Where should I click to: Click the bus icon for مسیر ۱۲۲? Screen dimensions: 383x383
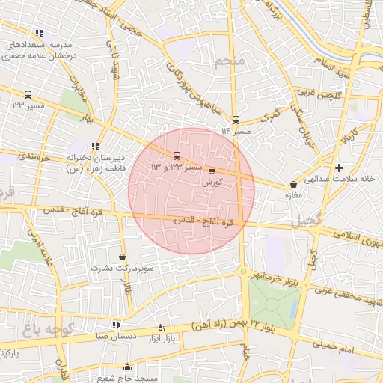pos(28,95)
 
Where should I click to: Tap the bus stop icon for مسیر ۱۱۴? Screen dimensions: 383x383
pos(236,120)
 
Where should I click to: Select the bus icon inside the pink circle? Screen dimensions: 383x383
pos(177,156)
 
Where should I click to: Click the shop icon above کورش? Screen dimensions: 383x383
pos(211,171)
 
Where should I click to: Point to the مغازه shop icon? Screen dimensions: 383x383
pos(292,184)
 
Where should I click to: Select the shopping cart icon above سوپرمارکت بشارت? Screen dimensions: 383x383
pos(122,257)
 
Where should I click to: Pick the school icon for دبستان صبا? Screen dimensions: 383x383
pos(116,325)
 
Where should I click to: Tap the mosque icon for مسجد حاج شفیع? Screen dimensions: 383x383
pos(127,367)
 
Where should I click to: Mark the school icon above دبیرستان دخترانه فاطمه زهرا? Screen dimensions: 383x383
pos(94,147)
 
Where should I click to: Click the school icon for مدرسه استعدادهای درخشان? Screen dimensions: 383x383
pos(39,34)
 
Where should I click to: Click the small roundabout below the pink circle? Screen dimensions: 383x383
pos(242,271)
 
